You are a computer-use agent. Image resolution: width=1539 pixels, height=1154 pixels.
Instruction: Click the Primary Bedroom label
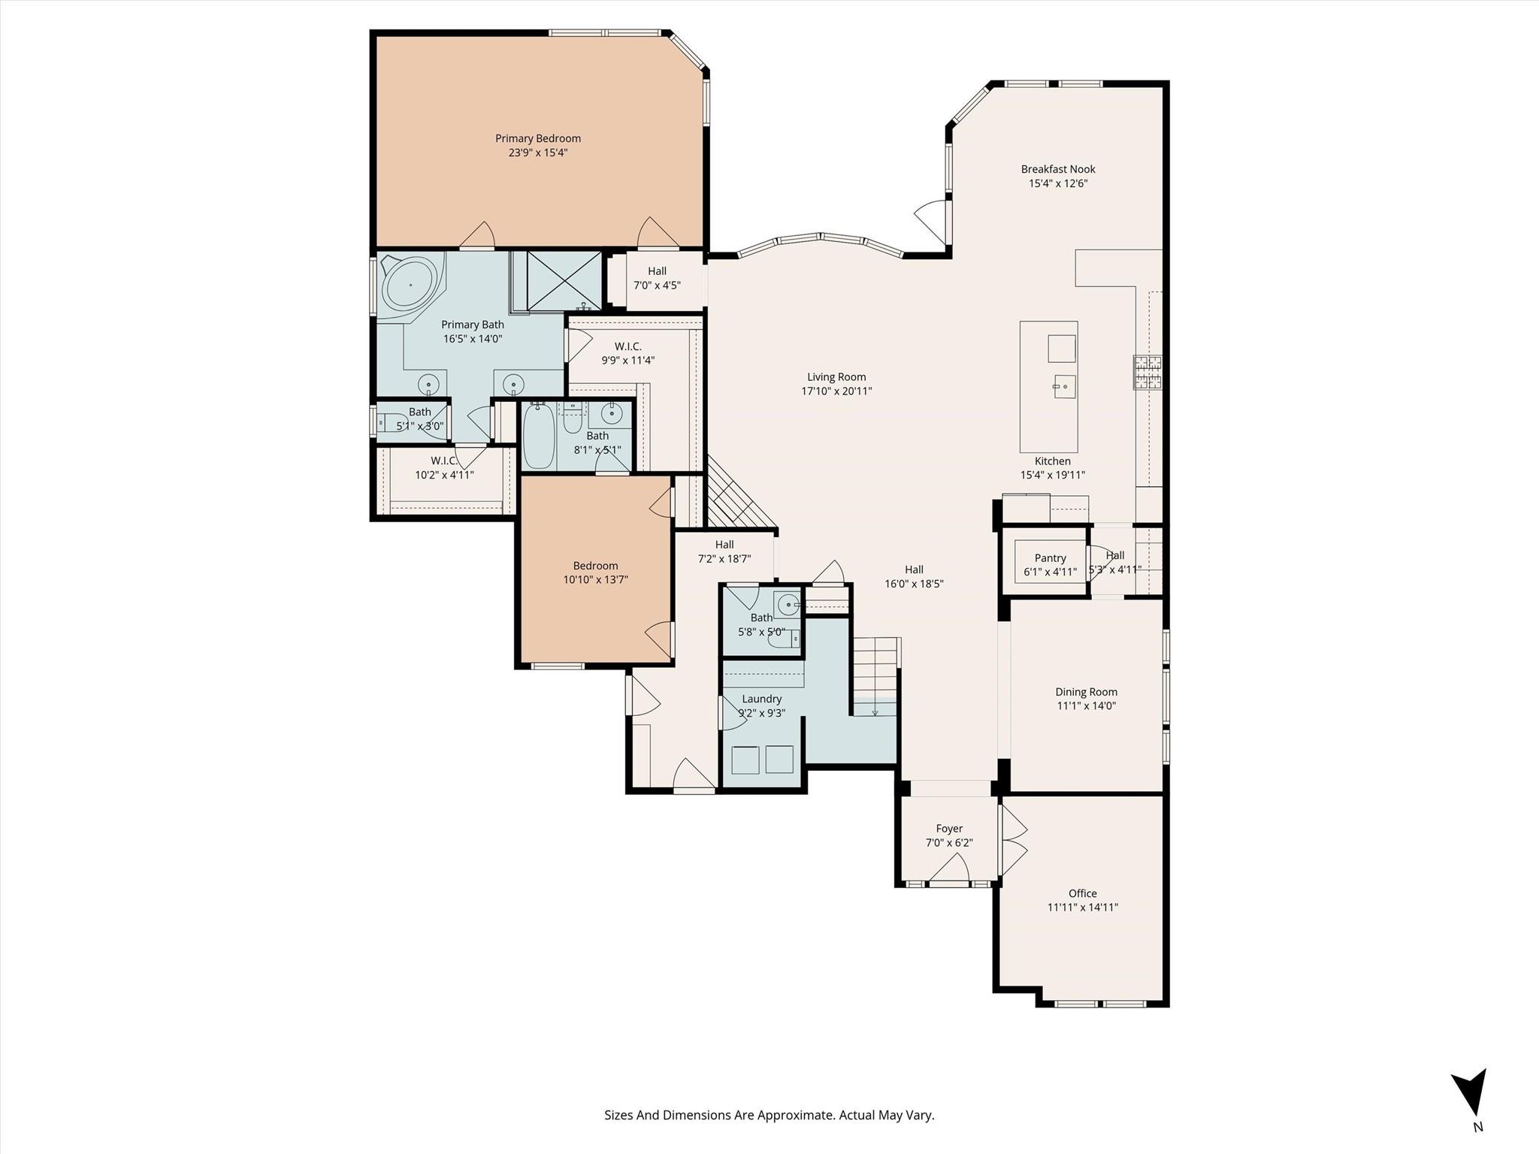click(537, 138)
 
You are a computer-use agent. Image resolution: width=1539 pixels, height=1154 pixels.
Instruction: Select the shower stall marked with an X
click(564, 281)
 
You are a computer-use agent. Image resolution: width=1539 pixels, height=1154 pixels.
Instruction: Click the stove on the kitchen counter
click(1147, 373)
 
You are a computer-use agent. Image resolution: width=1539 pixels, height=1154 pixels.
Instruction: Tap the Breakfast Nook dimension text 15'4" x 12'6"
click(1058, 183)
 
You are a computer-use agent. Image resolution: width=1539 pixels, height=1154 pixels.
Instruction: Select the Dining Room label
click(1086, 692)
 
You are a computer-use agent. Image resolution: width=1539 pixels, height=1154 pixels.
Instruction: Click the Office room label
click(1083, 893)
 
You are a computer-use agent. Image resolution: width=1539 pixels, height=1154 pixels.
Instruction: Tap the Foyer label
click(949, 829)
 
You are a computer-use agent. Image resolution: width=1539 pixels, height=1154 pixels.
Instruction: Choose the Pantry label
click(1050, 558)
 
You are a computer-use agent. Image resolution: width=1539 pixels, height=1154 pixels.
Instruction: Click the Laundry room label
click(761, 699)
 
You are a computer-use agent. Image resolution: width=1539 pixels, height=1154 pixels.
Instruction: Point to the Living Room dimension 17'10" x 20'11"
click(836, 391)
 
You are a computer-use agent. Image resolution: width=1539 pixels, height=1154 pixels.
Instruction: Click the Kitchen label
click(1052, 461)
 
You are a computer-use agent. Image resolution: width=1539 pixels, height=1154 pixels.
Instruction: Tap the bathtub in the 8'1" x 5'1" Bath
click(538, 435)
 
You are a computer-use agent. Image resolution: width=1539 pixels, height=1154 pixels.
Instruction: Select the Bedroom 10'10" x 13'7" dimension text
click(596, 579)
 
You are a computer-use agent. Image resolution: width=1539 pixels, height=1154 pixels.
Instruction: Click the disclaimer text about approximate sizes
click(769, 1116)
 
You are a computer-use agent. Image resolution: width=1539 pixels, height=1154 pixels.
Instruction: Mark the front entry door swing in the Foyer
click(949, 869)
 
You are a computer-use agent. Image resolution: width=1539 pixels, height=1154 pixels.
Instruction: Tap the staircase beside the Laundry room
click(875, 676)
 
